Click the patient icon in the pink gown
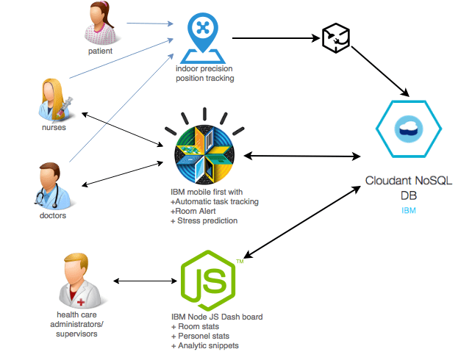tap(100, 23)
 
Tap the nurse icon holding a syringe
tap(55, 100)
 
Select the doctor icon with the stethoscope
tap(53, 186)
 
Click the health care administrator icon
tap(79, 281)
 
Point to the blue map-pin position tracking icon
tap(203, 37)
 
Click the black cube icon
tap(336, 38)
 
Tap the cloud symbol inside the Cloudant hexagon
tap(409, 129)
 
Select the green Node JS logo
tap(209, 281)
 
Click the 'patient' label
tap(100, 51)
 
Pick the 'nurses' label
tap(54, 128)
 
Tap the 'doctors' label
tap(53, 215)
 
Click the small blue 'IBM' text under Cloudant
tap(409, 211)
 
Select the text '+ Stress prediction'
tap(204, 220)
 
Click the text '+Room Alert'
tap(193, 211)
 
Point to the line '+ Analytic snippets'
tap(205, 346)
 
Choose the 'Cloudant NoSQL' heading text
tap(409, 181)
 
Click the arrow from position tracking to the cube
tap(276, 38)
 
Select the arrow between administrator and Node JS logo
tap(145, 281)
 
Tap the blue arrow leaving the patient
tap(150, 24)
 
